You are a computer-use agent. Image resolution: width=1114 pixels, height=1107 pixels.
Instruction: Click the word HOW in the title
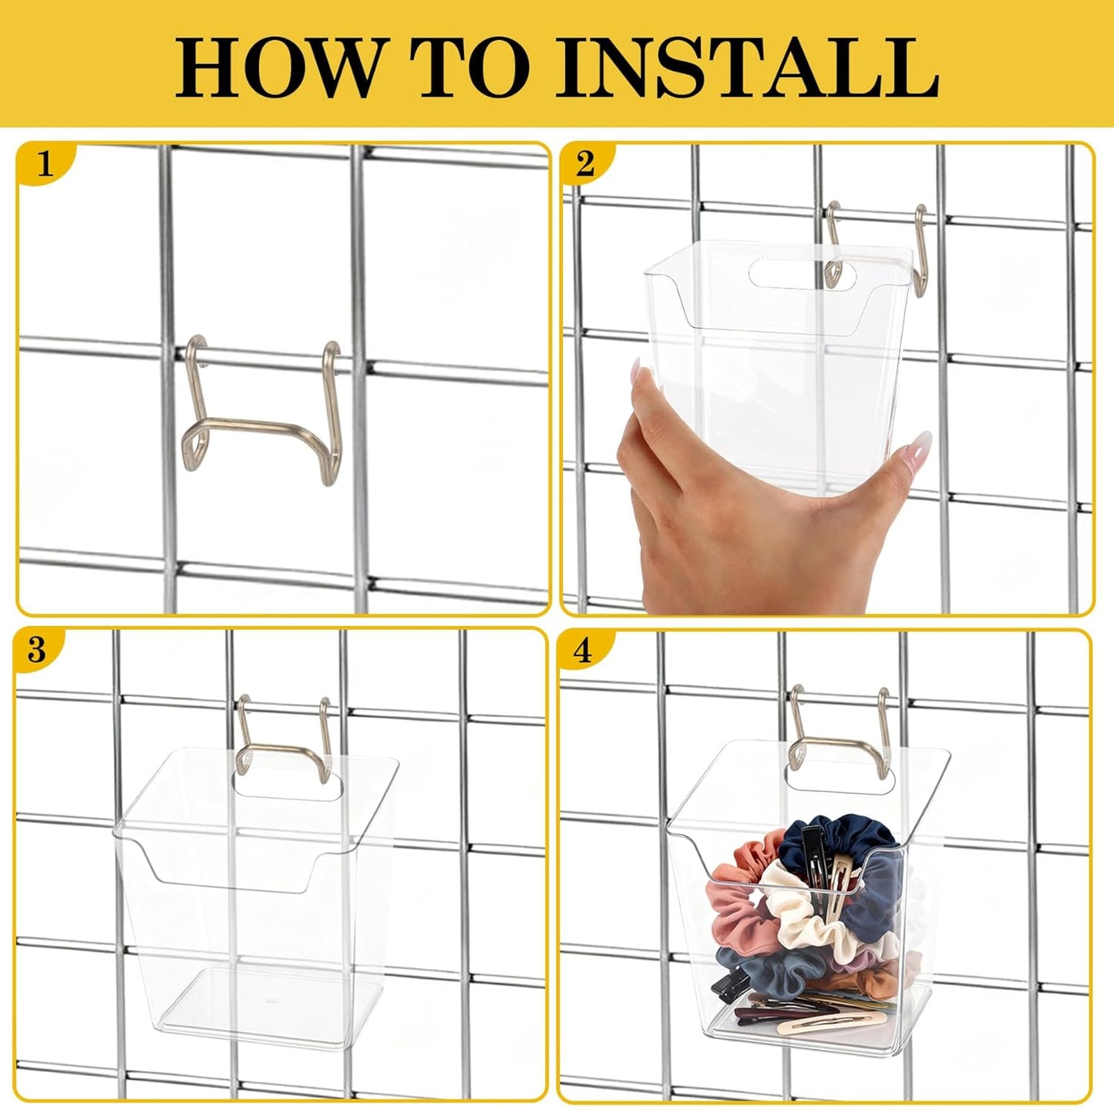[263, 68]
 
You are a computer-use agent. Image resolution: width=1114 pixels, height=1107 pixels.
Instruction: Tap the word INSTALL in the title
[746, 68]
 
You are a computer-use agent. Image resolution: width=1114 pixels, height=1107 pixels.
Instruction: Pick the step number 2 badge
[585, 164]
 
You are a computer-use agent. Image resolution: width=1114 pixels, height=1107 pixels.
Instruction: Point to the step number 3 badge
[37, 650]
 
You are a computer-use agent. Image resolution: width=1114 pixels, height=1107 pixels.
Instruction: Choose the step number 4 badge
[583, 651]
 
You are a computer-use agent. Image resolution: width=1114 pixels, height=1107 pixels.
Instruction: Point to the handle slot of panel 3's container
[288, 784]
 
